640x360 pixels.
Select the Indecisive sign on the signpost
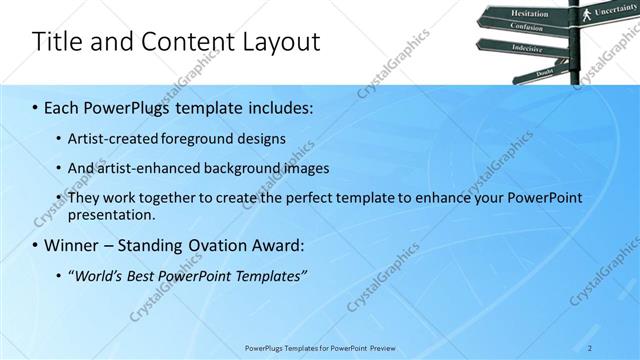click(526, 47)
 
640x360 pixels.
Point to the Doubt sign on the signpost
click(544, 73)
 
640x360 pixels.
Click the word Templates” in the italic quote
click(271, 275)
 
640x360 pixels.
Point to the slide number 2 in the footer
click(590, 348)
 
